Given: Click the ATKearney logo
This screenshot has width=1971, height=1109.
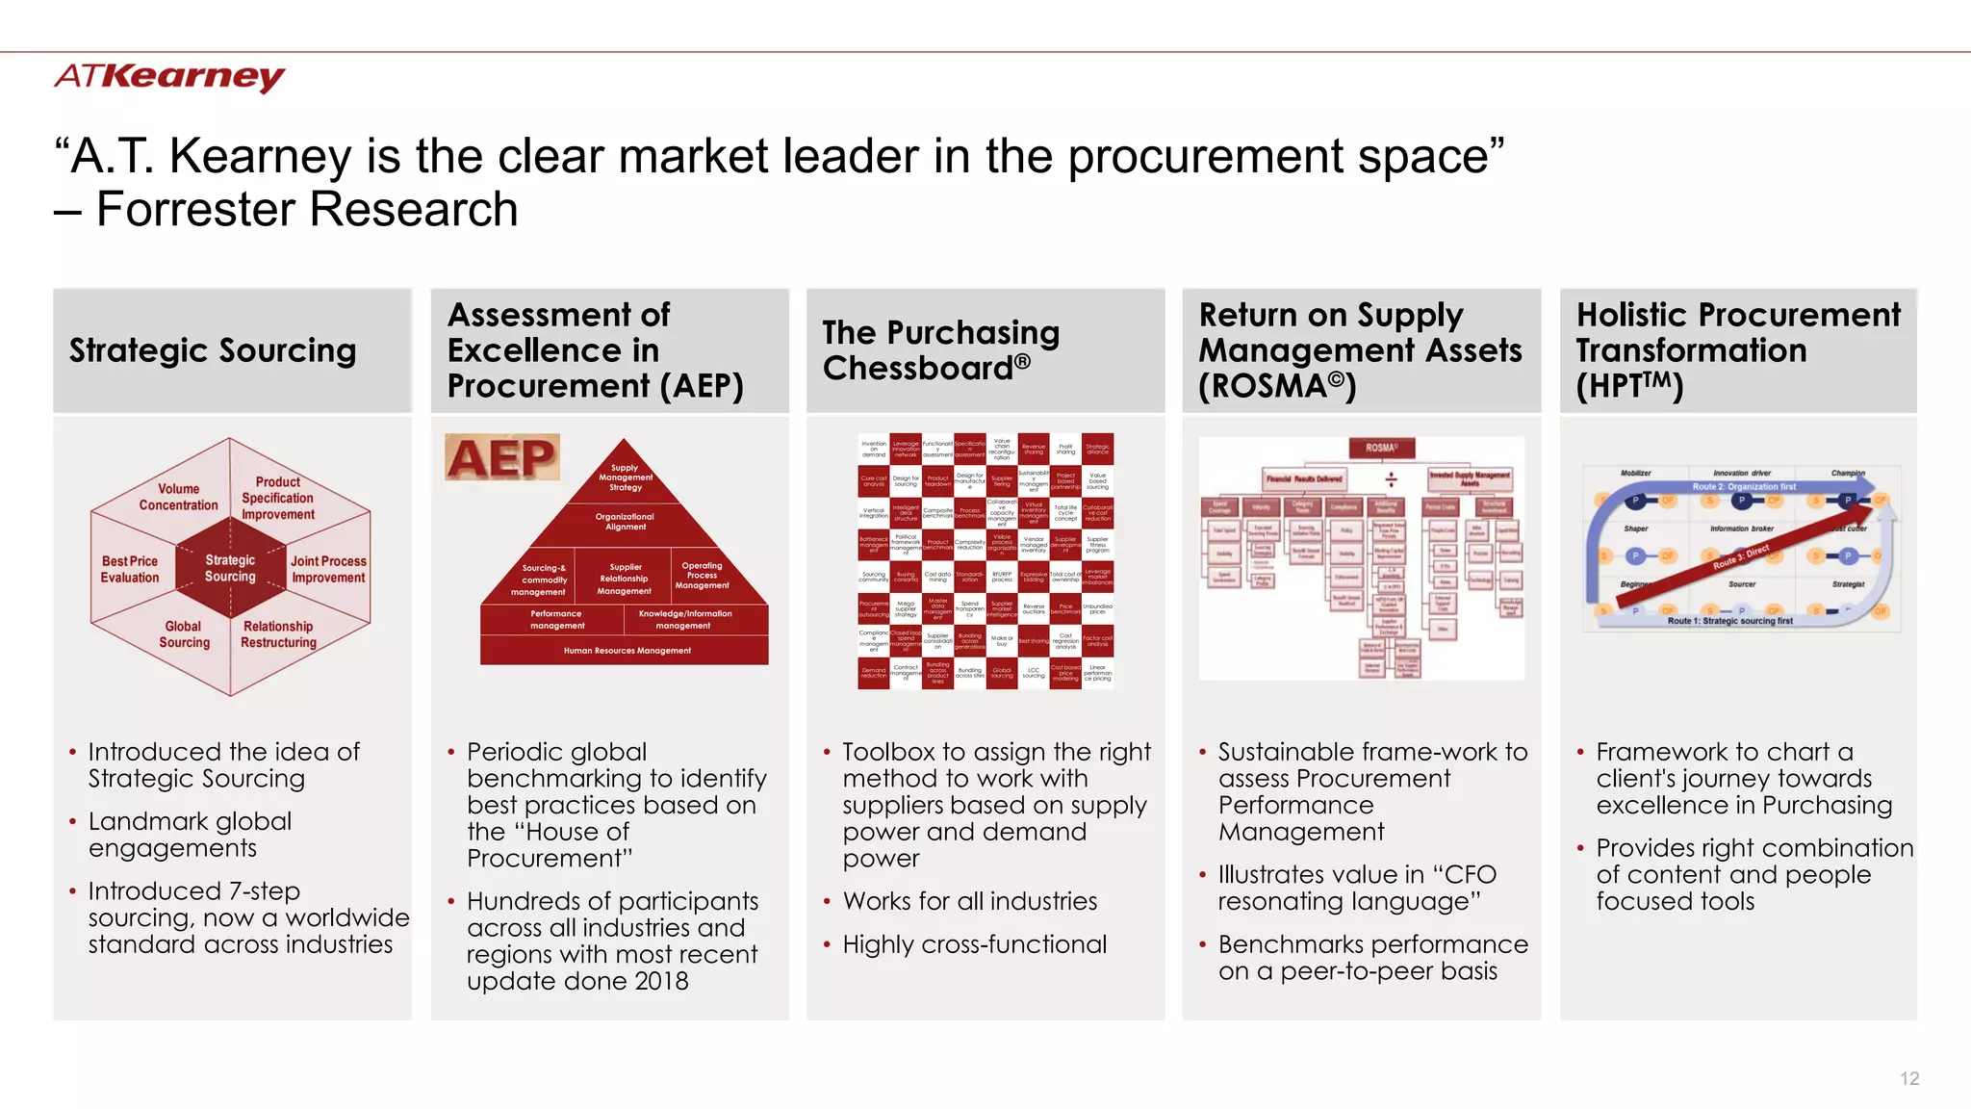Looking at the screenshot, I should [x=169, y=76].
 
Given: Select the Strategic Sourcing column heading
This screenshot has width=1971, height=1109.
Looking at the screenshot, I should [x=213, y=350].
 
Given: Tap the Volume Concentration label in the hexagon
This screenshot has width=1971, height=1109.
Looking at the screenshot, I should [x=178, y=497].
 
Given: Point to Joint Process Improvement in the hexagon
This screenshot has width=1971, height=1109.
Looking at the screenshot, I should [x=328, y=569].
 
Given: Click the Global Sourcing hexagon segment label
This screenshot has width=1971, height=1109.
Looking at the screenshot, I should [x=184, y=634].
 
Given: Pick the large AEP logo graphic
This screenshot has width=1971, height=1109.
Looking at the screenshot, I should [x=501, y=457].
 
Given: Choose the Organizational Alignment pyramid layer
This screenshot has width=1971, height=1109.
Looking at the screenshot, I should [x=625, y=522].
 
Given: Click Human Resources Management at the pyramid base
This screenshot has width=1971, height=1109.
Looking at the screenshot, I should [x=627, y=651].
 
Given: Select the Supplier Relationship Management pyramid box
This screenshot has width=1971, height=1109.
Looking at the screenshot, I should [x=625, y=580].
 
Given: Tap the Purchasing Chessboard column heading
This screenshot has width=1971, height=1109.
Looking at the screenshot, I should [x=940, y=350].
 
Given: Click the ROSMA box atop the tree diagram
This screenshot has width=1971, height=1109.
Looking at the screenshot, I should [x=1381, y=448].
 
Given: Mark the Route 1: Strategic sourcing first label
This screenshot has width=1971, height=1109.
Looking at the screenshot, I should [x=1729, y=622].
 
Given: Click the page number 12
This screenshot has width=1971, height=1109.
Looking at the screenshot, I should [x=1909, y=1078].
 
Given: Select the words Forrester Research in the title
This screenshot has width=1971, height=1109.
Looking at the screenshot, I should [x=307, y=209].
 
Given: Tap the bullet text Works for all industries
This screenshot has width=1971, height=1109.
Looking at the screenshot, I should [x=969, y=901].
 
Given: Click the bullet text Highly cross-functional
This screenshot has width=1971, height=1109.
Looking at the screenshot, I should [x=974, y=944].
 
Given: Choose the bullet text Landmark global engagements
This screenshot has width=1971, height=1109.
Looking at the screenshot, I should [x=190, y=835].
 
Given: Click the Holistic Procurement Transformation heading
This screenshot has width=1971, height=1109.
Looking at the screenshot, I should [x=1738, y=350].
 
